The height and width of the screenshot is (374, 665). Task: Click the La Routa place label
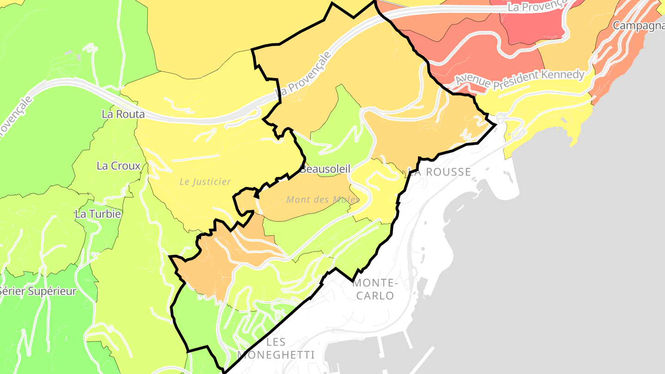click(x=123, y=114)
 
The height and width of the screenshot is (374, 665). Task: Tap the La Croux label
click(x=118, y=166)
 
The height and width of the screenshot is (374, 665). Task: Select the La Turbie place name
click(x=98, y=214)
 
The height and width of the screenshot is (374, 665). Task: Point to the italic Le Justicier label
click(x=205, y=182)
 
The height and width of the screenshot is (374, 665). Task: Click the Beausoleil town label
click(x=325, y=169)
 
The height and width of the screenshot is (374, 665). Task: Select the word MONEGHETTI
click(x=276, y=355)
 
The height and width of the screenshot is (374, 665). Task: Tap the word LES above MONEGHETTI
click(x=276, y=342)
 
